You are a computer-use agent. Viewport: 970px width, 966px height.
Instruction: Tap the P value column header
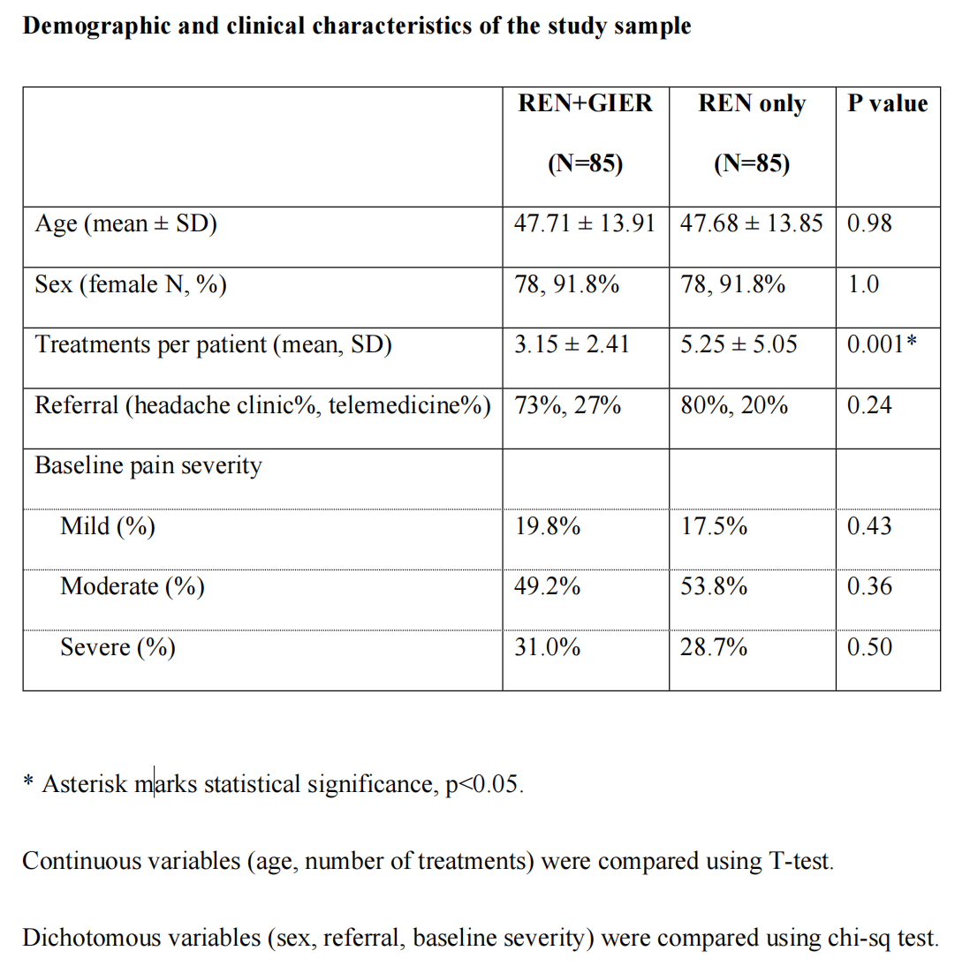(x=888, y=103)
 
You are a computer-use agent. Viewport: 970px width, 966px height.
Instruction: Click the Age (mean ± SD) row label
(x=125, y=223)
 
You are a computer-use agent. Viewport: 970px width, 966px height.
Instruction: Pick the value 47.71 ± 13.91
(x=585, y=223)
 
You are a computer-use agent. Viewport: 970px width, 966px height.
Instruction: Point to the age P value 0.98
(x=869, y=223)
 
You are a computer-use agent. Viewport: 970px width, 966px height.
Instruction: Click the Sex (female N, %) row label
(x=131, y=283)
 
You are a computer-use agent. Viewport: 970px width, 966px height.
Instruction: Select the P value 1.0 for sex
(x=863, y=283)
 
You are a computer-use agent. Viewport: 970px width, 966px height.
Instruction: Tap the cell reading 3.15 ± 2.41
(x=572, y=343)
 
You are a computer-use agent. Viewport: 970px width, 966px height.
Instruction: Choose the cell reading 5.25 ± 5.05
(x=739, y=343)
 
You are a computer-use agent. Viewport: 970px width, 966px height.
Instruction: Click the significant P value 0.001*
(x=882, y=343)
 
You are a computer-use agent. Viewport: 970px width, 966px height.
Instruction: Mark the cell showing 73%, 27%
(x=567, y=405)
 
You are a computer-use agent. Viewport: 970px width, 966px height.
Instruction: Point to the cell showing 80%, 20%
(x=734, y=405)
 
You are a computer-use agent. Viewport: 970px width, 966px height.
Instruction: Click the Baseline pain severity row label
(x=148, y=465)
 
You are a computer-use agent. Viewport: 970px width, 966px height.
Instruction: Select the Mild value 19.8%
(x=548, y=525)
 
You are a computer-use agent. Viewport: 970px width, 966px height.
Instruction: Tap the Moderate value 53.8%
(x=714, y=585)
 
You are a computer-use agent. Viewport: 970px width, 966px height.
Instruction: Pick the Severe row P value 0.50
(x=869, y=647)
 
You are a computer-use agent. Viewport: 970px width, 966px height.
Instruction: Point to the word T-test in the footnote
(x=801, y=861)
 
